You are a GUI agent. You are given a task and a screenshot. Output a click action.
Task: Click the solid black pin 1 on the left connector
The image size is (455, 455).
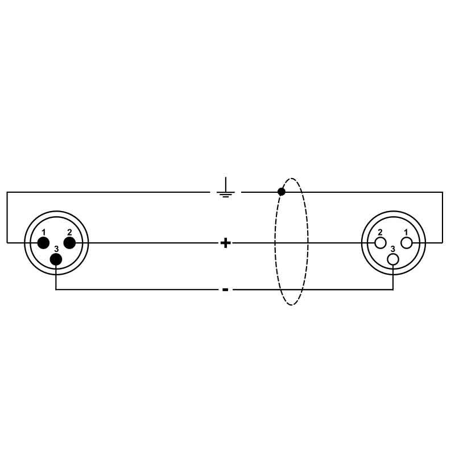coord(43,243)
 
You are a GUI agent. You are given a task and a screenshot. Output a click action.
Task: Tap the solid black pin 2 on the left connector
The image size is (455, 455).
coord(69,243)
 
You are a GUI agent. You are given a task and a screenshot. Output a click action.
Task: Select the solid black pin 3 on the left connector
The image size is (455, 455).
coord(56,259)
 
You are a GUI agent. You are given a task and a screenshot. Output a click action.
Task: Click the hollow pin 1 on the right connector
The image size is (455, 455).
coord(406,243)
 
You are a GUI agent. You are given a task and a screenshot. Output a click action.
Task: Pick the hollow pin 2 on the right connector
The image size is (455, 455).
coord(380,243)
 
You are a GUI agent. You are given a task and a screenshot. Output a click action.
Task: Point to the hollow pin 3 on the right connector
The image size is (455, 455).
coord(393,259)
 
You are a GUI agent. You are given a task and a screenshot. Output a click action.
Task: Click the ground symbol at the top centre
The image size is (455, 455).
coord(226,187)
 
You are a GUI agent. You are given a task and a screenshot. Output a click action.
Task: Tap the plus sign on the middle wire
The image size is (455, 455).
coord(225,243)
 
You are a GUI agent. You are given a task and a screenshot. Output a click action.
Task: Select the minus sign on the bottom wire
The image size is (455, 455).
coord(225,289)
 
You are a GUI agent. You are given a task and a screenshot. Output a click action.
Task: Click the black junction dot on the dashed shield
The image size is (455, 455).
coord(281,192)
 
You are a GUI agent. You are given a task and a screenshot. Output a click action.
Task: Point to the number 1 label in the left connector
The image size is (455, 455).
coord(44,232)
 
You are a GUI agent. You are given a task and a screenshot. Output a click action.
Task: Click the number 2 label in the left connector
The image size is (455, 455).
coord(69,232)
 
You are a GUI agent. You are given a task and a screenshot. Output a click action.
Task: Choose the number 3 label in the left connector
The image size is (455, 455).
coord(56,249)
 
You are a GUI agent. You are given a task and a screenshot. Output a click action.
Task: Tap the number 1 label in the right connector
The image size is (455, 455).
coord(406,232)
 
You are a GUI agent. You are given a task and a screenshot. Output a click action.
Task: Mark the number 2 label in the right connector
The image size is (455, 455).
coord(380,232)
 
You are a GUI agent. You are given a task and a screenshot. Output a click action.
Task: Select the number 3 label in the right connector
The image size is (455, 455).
coord(393,249)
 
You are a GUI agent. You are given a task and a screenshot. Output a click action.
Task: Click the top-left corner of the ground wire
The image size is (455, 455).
coord(7,192)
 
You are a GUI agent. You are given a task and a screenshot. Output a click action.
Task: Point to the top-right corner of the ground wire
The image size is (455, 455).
coord(442,192)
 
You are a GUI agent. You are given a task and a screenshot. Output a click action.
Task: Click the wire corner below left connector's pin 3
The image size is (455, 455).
coord(56,289)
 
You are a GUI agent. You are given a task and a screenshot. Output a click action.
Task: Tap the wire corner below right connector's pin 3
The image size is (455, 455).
coord(393,289)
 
